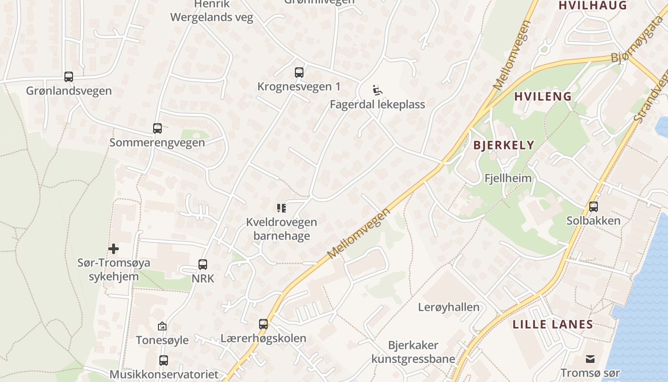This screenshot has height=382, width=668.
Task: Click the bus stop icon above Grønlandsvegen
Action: [x=69, y=76]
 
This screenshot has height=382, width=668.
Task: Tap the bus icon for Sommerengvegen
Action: [x=157, y=128]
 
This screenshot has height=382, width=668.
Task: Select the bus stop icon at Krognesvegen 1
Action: [x=299, y=73]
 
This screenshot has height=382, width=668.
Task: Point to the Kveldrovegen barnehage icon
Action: [x=281, y=208]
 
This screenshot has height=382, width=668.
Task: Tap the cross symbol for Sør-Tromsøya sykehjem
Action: [x=114, y=248]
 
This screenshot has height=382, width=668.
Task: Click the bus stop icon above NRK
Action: [x=203, y=264]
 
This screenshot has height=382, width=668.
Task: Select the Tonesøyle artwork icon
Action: [x=162, y=326]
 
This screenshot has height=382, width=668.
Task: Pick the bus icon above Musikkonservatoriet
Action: [x=164, y=360]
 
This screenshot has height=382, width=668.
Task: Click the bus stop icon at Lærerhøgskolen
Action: [x=263, y=324]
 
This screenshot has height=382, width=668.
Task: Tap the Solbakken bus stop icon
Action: [x=594, y=207]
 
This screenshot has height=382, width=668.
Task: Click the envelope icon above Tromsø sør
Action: [x=590, y=359]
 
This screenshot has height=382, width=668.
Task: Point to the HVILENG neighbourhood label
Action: [x=543, y=96]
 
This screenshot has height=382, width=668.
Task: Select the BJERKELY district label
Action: [x=504, y=145]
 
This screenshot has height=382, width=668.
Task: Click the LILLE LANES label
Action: [x=553, y=325]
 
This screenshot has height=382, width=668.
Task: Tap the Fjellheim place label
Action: [x=508, y=179]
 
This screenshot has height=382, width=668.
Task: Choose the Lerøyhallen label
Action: [x=449, y=307]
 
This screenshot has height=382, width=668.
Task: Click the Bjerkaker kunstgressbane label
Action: [x=413, y=352]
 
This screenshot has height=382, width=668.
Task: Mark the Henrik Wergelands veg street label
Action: [x=212, y=11]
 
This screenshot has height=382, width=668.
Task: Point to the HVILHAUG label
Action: [x=592, y=5]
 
